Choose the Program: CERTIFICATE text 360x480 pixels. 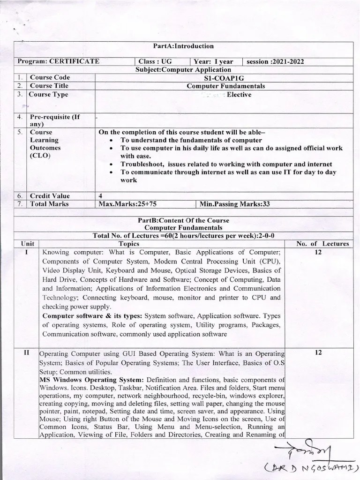58,61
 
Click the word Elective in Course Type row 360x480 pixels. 239,95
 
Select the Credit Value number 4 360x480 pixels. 101,196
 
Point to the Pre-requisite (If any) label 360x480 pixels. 56,120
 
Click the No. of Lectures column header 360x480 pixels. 322,243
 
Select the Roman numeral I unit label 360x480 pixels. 26,252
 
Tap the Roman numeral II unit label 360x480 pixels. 26,352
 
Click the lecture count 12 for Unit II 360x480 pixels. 318,352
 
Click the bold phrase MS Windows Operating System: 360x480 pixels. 92,379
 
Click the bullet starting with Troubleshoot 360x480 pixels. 226,164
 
